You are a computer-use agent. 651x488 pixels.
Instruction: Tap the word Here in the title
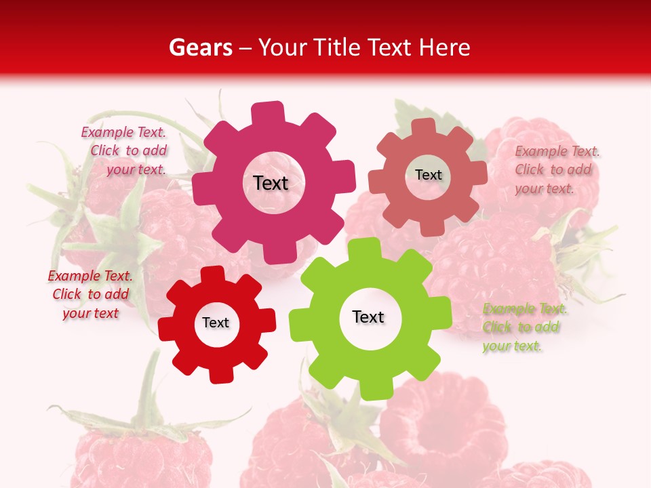443,47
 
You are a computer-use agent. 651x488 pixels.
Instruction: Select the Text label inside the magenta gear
271,183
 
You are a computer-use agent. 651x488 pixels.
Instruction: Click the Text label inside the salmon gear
428,175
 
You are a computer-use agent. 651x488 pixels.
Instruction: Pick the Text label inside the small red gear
216,323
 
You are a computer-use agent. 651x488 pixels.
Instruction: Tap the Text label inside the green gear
368,317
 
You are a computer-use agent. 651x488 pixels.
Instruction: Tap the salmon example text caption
556,169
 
